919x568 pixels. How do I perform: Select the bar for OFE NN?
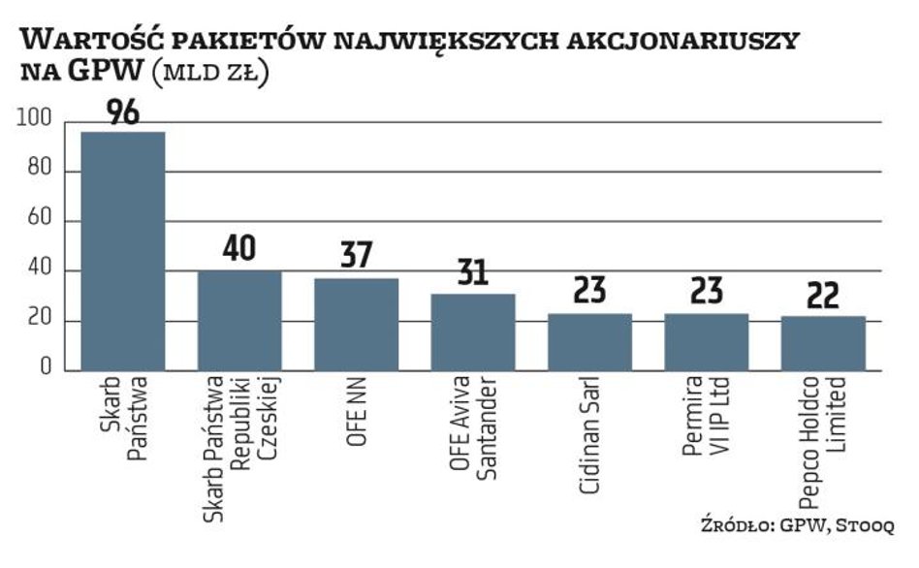356,324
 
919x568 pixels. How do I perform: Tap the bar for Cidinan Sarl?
589,341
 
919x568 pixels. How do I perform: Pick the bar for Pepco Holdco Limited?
823,342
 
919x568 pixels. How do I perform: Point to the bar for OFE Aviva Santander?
472,331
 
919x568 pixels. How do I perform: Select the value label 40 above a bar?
238,249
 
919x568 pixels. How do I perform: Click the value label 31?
472,272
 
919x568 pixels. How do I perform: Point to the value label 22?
823,295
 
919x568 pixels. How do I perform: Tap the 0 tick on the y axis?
46,370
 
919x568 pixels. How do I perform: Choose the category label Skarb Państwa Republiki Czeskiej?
238,452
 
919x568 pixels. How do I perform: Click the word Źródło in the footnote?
733,524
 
